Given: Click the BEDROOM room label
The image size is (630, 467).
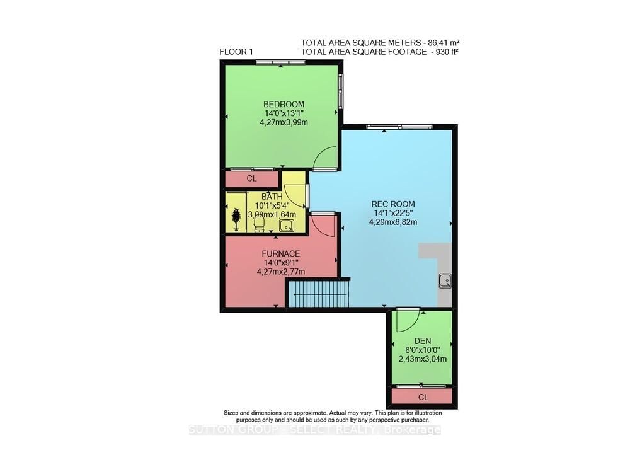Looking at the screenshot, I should (283, 105).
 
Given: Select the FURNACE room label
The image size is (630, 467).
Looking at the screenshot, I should (281, 253).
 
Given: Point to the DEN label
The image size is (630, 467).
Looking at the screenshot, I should (422, 340).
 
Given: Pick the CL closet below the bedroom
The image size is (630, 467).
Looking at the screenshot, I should (252, 179).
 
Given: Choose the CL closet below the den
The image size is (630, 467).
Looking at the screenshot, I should (423, 397).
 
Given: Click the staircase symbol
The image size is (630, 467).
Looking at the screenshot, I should (318, 294).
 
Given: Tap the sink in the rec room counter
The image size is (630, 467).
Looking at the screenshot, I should (445, 280).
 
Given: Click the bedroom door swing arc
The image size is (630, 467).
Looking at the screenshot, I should (326, 158).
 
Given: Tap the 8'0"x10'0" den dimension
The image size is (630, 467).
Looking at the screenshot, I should (422, 350).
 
